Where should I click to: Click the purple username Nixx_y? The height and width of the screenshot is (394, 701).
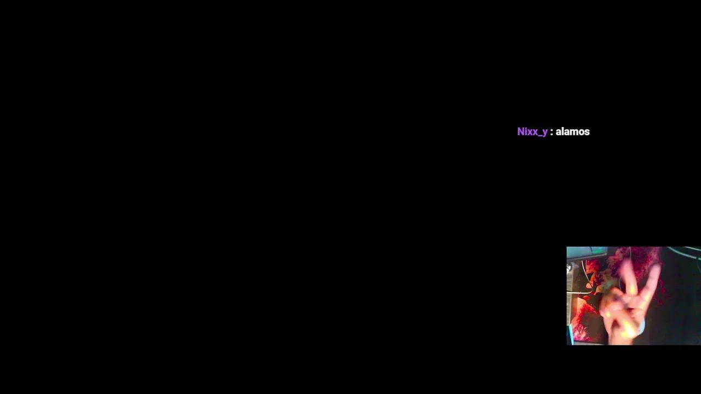coord(532,132)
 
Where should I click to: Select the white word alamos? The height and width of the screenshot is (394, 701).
coord(573,132)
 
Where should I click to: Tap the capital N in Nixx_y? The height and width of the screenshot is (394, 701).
coord(521,132)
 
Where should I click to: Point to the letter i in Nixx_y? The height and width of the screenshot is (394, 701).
coord(526,132)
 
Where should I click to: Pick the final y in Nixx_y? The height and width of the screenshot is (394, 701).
coord(545,133)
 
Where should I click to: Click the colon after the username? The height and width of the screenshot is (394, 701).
coord(551,132)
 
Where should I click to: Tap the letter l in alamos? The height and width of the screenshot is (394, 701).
coord(562,131)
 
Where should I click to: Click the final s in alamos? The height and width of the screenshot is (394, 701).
coord(587,132)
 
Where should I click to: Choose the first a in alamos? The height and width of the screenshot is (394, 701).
coord(558,132)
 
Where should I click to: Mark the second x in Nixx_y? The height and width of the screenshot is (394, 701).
coord(533,132)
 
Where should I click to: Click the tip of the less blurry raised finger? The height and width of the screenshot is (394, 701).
coord(656,268)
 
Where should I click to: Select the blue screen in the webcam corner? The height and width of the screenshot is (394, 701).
coord(587,252)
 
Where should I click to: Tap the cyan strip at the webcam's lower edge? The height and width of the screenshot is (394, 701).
coord(570,334)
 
